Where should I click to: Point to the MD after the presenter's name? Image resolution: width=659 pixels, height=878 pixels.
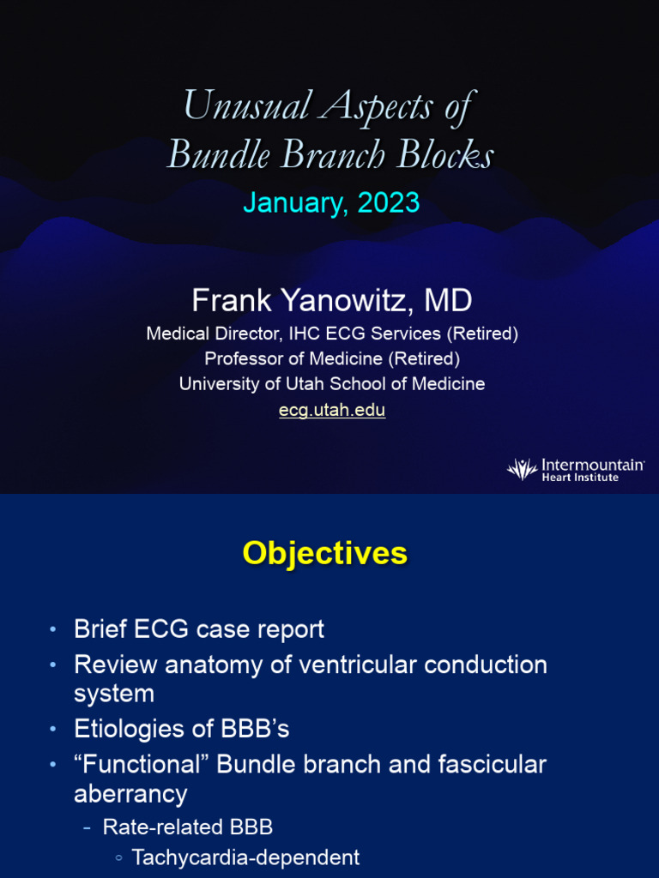pos(448,300)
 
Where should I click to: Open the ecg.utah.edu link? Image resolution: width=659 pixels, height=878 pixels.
pos(332,410)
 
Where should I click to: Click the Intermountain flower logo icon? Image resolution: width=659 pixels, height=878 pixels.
pos(521,468)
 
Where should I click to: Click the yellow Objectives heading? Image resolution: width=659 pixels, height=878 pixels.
pos(324,553)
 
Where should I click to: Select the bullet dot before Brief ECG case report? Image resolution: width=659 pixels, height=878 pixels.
pos(54,630)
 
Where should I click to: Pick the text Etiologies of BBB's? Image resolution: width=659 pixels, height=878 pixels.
pos(181,729)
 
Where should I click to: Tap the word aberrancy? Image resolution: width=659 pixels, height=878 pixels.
pos(130,794)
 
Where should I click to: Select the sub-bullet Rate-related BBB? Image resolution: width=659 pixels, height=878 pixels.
pos(187,827)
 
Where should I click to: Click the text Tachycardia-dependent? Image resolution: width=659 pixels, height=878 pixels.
pos(245,857)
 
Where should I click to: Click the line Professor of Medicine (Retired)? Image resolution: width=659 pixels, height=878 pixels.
pos(332,358)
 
